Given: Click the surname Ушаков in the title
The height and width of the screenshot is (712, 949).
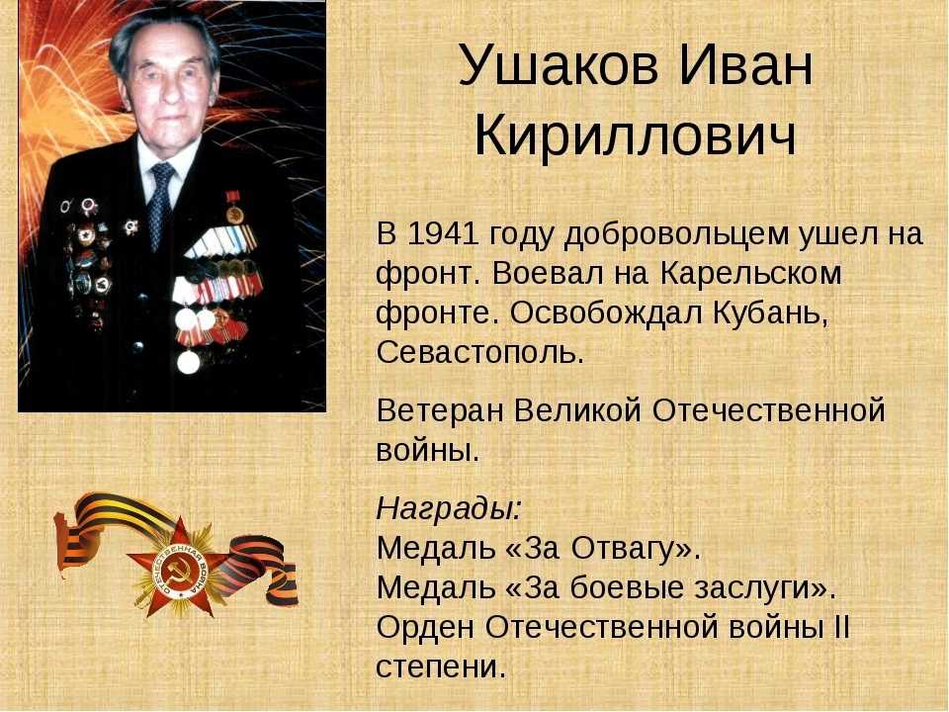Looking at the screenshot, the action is (x=558, y=64).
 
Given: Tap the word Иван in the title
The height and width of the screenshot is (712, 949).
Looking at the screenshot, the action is (x=745, y=64).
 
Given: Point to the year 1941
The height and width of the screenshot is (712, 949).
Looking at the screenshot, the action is (x=439, y=233).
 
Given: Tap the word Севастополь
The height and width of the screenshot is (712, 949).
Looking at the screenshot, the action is (x=480, y=352).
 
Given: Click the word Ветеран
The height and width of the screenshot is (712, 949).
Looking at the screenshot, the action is (x=440, y=410).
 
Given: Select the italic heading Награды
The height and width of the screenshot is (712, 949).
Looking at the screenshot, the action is (x=449, y=509).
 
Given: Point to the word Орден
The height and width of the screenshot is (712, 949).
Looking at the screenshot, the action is (x=425, y=628).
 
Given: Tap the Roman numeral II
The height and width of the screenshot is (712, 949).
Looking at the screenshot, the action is (x=842, y=627).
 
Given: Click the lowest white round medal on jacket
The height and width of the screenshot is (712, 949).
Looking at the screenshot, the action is (x=188, y=362).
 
